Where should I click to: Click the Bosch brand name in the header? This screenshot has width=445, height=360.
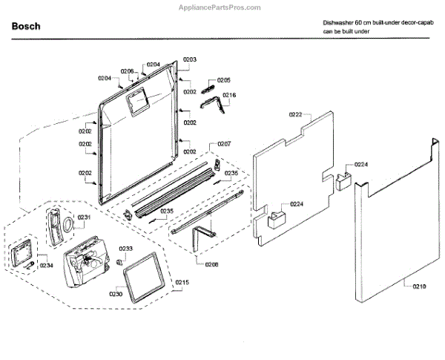click(26, 27)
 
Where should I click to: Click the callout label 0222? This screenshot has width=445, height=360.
click(296, 114)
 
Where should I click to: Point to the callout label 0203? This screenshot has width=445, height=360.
click(190, 59)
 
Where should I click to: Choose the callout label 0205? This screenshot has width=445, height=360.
click(224, 79)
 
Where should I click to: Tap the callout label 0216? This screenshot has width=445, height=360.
click(229, 94)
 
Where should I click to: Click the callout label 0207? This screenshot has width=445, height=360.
click(224, 144)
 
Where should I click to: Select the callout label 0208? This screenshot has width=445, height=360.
click(211, 264)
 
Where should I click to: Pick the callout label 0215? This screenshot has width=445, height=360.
click(182, 282)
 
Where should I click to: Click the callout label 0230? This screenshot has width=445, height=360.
click(116, 294)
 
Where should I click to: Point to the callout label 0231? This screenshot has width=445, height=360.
click(84, 217)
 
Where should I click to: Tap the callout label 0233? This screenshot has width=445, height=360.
click(126, 249)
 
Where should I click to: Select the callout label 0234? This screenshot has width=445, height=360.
click(47, 265)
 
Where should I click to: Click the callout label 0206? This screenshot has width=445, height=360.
click(127, 71)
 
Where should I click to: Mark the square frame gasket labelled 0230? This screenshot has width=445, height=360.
click(141, 279)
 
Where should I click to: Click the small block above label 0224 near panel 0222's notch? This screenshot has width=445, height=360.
click(343, 180)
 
